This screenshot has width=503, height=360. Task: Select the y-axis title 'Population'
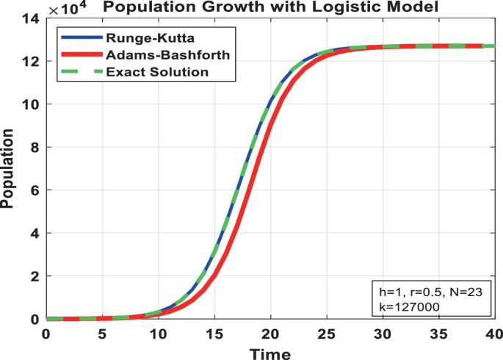[x=8, y=169]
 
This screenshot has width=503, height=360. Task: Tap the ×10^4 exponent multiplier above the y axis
[x=64, y=8]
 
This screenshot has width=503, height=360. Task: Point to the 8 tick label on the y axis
[x=35, y=147]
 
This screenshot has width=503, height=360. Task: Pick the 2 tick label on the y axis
[x=35, y=276]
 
